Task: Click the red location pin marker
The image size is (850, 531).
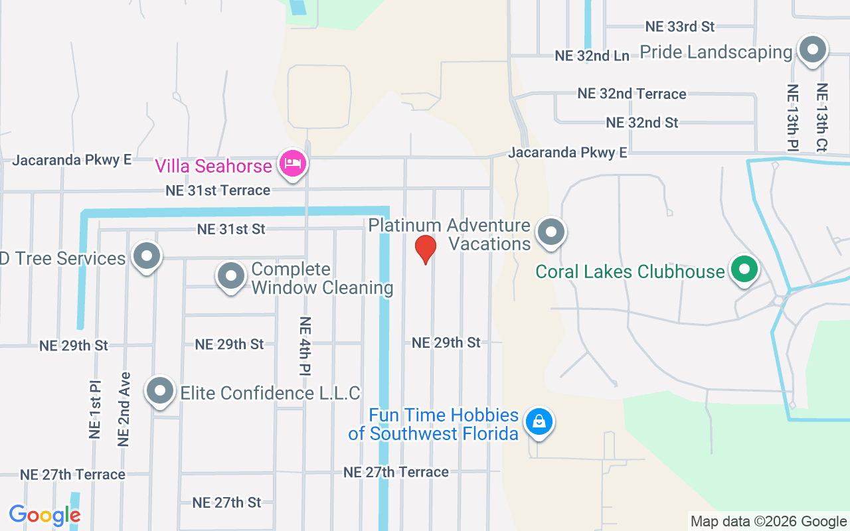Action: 425,249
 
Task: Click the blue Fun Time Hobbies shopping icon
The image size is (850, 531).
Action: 539,421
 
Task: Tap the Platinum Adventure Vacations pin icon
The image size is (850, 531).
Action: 551,232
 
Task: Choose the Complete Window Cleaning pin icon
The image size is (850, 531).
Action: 231,275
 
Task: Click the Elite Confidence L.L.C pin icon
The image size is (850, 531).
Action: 160,391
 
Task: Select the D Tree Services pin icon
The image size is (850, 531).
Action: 146,256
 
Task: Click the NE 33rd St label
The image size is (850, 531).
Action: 679,27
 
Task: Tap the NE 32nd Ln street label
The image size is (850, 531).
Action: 592,56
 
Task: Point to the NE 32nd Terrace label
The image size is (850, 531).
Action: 632,94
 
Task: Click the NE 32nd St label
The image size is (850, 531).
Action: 642,123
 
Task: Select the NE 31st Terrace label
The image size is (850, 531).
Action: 218,190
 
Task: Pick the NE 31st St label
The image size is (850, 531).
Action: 230,229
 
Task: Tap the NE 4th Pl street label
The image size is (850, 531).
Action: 305,345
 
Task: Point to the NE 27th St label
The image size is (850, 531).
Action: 226,502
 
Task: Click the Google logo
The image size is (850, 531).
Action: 44,514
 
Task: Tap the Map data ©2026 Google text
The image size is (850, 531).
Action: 768,522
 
